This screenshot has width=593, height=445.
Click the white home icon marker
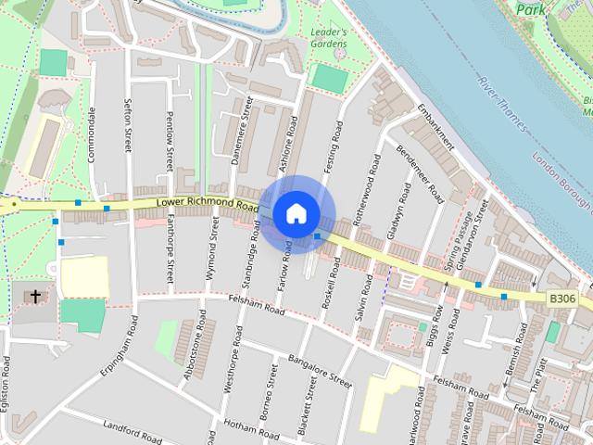tap(296, 213)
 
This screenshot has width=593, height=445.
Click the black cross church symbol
tap(36, 297)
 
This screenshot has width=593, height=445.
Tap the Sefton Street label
tap(127, 125)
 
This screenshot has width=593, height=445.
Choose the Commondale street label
tap(92, 134)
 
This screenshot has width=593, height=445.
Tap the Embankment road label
tap(435, 126)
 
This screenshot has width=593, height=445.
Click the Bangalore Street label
tap(321, 369)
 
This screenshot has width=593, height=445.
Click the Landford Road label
tap(135, 431)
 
